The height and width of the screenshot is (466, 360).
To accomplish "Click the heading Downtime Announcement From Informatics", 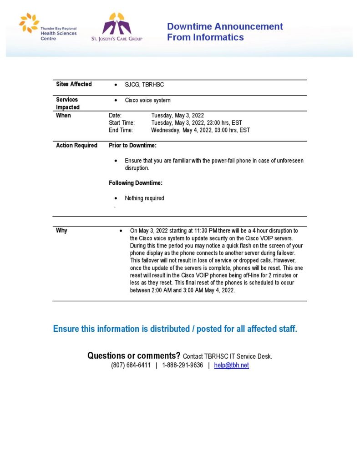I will pyautogui.click(x=225, y=32).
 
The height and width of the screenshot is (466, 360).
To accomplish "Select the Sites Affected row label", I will pyautogui.click(x=74, y=84).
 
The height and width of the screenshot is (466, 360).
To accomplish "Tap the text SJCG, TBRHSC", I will pyautogui.click(x=144, y=85).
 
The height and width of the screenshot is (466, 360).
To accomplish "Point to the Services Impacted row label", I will pyautogui.click(x=67, y=103).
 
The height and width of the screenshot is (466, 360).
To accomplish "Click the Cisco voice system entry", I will pyautogui.click(x=147, y=100).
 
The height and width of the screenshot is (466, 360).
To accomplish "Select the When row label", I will pyautogui.click(x=63, y=116).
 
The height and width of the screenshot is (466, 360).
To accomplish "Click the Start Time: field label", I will pyautogui.click(x=122, y=123).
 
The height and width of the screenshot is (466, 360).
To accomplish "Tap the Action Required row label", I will pyautogui.click(x=76, y=146).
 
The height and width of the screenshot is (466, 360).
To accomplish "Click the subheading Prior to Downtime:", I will pyautogui.click(x=132, y=146).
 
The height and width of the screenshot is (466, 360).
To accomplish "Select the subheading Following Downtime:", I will pyautogui.click(x=136, y=183).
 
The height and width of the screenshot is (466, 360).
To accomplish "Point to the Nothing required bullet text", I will pyautogui.click(x=144, y=198).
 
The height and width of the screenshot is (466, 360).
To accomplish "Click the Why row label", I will pyautogui.click(x=61, y=231).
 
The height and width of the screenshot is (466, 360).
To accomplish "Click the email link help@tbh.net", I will pyautogui.click(x=231, y=365).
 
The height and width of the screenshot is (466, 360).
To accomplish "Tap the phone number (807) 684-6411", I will pyautogui.click(x=131, y=365).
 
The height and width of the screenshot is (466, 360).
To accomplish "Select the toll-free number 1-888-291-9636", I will pyautogui.click(x=182, y=365).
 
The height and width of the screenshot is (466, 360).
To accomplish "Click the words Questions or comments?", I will pyautogui.click(x=133, y=356).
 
